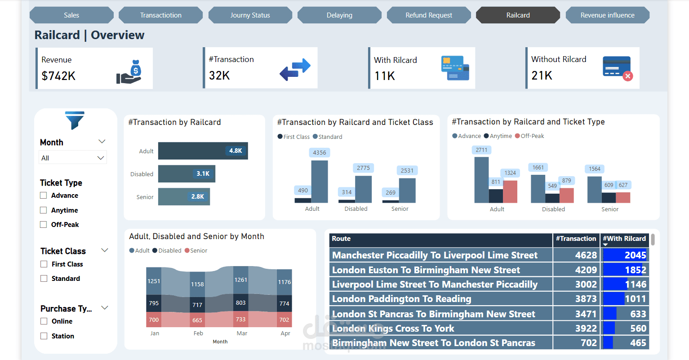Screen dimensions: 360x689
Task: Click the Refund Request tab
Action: point(429,15)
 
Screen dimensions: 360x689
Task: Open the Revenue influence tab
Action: point(607,15)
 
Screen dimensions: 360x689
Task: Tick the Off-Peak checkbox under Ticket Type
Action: point(44,225)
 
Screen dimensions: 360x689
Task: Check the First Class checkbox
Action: point(44,264)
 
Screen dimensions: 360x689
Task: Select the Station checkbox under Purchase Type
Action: point(44,336)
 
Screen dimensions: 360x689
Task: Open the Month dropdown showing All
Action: point(73,158)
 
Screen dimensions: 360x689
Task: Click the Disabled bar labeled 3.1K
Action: point(187,174)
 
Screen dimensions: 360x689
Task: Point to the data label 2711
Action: point(481,150)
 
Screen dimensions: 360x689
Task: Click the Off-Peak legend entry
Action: point(530,136)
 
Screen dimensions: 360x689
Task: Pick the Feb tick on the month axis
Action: point(198,333)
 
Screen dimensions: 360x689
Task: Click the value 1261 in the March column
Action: point(241,280)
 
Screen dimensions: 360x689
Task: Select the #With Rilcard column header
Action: point(624,239)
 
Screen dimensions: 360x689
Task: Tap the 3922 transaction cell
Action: point(586,329)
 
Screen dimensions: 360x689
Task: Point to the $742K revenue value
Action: point(58,76)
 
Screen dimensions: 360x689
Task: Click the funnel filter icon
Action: point(75,120)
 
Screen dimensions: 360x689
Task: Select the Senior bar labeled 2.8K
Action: point(184,197)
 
